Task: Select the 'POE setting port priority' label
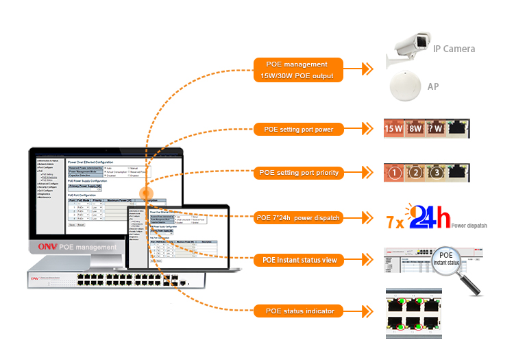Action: click(x=298, y=173)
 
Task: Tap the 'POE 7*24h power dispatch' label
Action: click(x=298, y=218)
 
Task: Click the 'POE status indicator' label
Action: click(x=298, y=311)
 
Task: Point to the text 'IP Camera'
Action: click(x=454, y=49)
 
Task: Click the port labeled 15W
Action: click(x=394, y=128)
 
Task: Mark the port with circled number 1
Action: click(x=394, y=173)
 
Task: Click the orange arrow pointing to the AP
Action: click(x=368, y=69)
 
